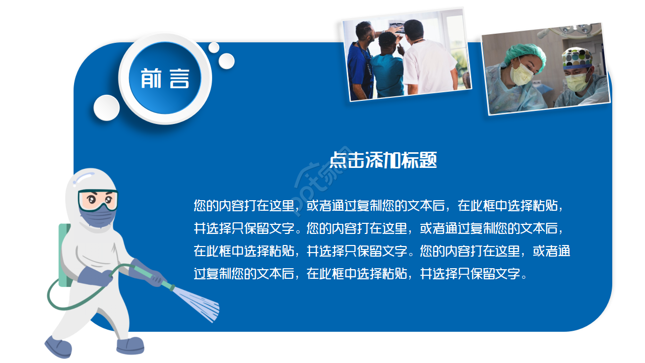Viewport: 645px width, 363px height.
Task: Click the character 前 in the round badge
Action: [x=151, y=79]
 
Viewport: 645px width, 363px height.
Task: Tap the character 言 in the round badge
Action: [x=179, y=79]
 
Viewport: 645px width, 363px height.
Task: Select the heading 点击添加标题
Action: [x=383, y=160]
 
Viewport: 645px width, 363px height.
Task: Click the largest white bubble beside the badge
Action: [x=106, y=107]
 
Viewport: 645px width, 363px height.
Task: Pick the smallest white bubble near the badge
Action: [x=214, y=47]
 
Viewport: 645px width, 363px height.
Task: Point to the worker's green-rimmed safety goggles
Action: [x=98, y=200]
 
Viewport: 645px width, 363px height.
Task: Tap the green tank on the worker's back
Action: [x=63, y=255]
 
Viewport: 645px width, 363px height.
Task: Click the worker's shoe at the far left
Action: [x=58, y=347]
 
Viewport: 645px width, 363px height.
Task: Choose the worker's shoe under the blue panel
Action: [x=130, y=345]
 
